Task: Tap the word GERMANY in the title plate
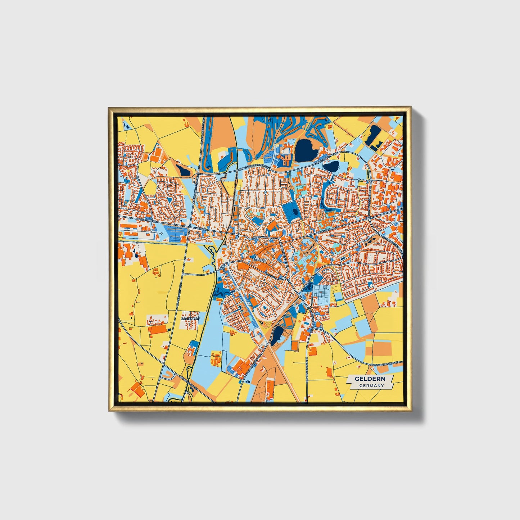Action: (x=371, y=385)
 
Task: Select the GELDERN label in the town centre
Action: (x=260, y=259)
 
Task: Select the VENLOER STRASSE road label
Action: (x=179, y=295)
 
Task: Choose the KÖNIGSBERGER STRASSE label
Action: (x=252, y=167)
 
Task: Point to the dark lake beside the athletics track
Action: (x=276, y=335)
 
